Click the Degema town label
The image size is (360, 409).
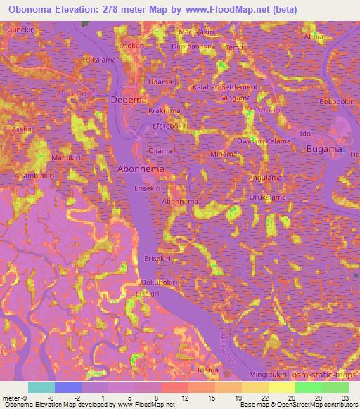128,100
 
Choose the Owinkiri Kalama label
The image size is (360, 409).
264,141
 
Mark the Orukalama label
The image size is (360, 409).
265,197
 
